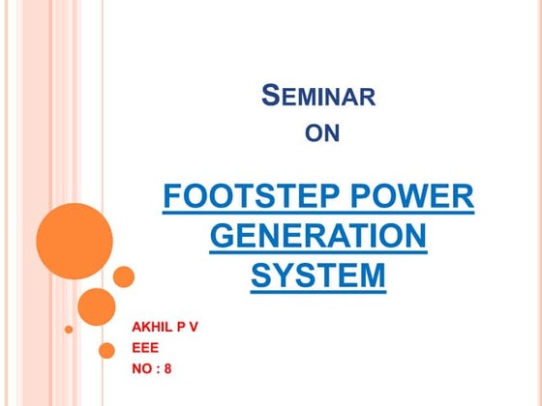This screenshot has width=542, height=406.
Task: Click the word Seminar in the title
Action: click(x=319, y=97)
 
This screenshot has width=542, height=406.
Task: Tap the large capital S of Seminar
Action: click(x=272, y=96)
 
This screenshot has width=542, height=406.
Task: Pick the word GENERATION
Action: click(x=317, y=237)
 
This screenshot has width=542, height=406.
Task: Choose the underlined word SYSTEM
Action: click(x=317, y=275)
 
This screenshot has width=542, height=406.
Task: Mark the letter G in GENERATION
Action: click(x=222, y=237)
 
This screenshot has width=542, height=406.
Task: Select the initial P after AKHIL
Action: click(x=180, y=327)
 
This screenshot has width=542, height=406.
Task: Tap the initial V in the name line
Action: click(x=193, y=327)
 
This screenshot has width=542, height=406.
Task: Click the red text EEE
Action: click(x=144, y=348)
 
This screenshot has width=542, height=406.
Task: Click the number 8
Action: click(x=168, y=368)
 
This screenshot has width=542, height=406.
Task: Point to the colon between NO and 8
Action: click(x=157, y=369)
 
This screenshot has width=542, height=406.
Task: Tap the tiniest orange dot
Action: click(x=69, y=329)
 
